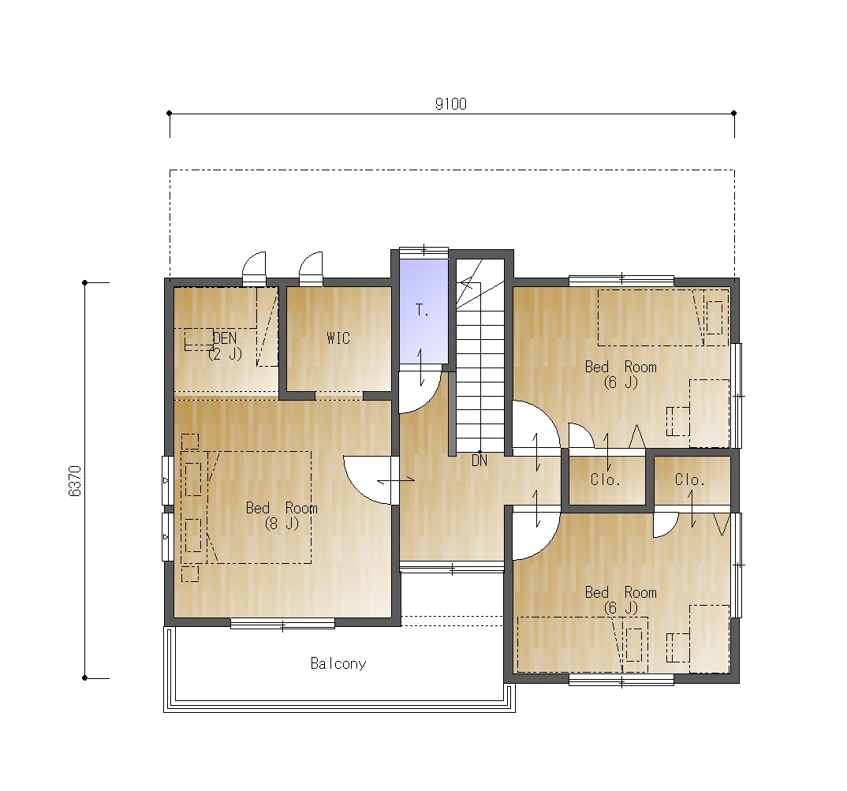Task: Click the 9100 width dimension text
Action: pos(451,104)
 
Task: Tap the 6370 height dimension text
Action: pos(75,481)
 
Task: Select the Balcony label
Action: pos(338,663)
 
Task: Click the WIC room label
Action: pos(338,338)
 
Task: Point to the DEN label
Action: pos(225,338)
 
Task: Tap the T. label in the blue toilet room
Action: pos(423,310)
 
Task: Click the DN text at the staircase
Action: pos(479,461)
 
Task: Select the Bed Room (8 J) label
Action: pos(282,516)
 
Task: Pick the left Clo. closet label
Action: pos(605,479)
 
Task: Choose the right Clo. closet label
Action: pos(690,479)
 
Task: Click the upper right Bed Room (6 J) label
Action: pos(621,375)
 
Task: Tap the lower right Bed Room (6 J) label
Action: pos(621,599)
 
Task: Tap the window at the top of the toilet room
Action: pos(423,251)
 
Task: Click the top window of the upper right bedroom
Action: pos(621,280)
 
